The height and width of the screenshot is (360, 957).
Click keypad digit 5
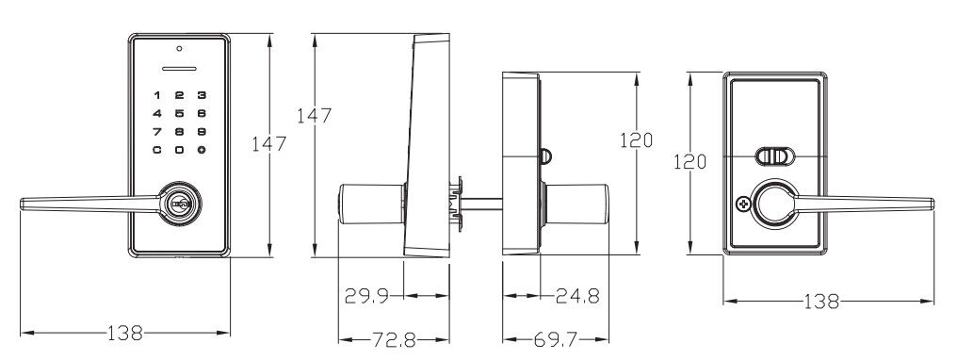179,113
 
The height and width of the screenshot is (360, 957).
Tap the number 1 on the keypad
157,95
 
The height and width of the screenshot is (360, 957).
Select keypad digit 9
202,131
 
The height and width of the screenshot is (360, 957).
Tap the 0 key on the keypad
179,150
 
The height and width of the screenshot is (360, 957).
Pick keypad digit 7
157,131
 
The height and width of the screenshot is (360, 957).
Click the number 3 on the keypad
202,95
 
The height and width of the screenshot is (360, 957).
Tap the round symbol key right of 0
202,150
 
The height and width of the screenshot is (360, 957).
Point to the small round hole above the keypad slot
179,49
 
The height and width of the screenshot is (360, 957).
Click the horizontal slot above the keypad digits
179,69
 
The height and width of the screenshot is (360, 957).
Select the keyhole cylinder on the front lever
180,204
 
